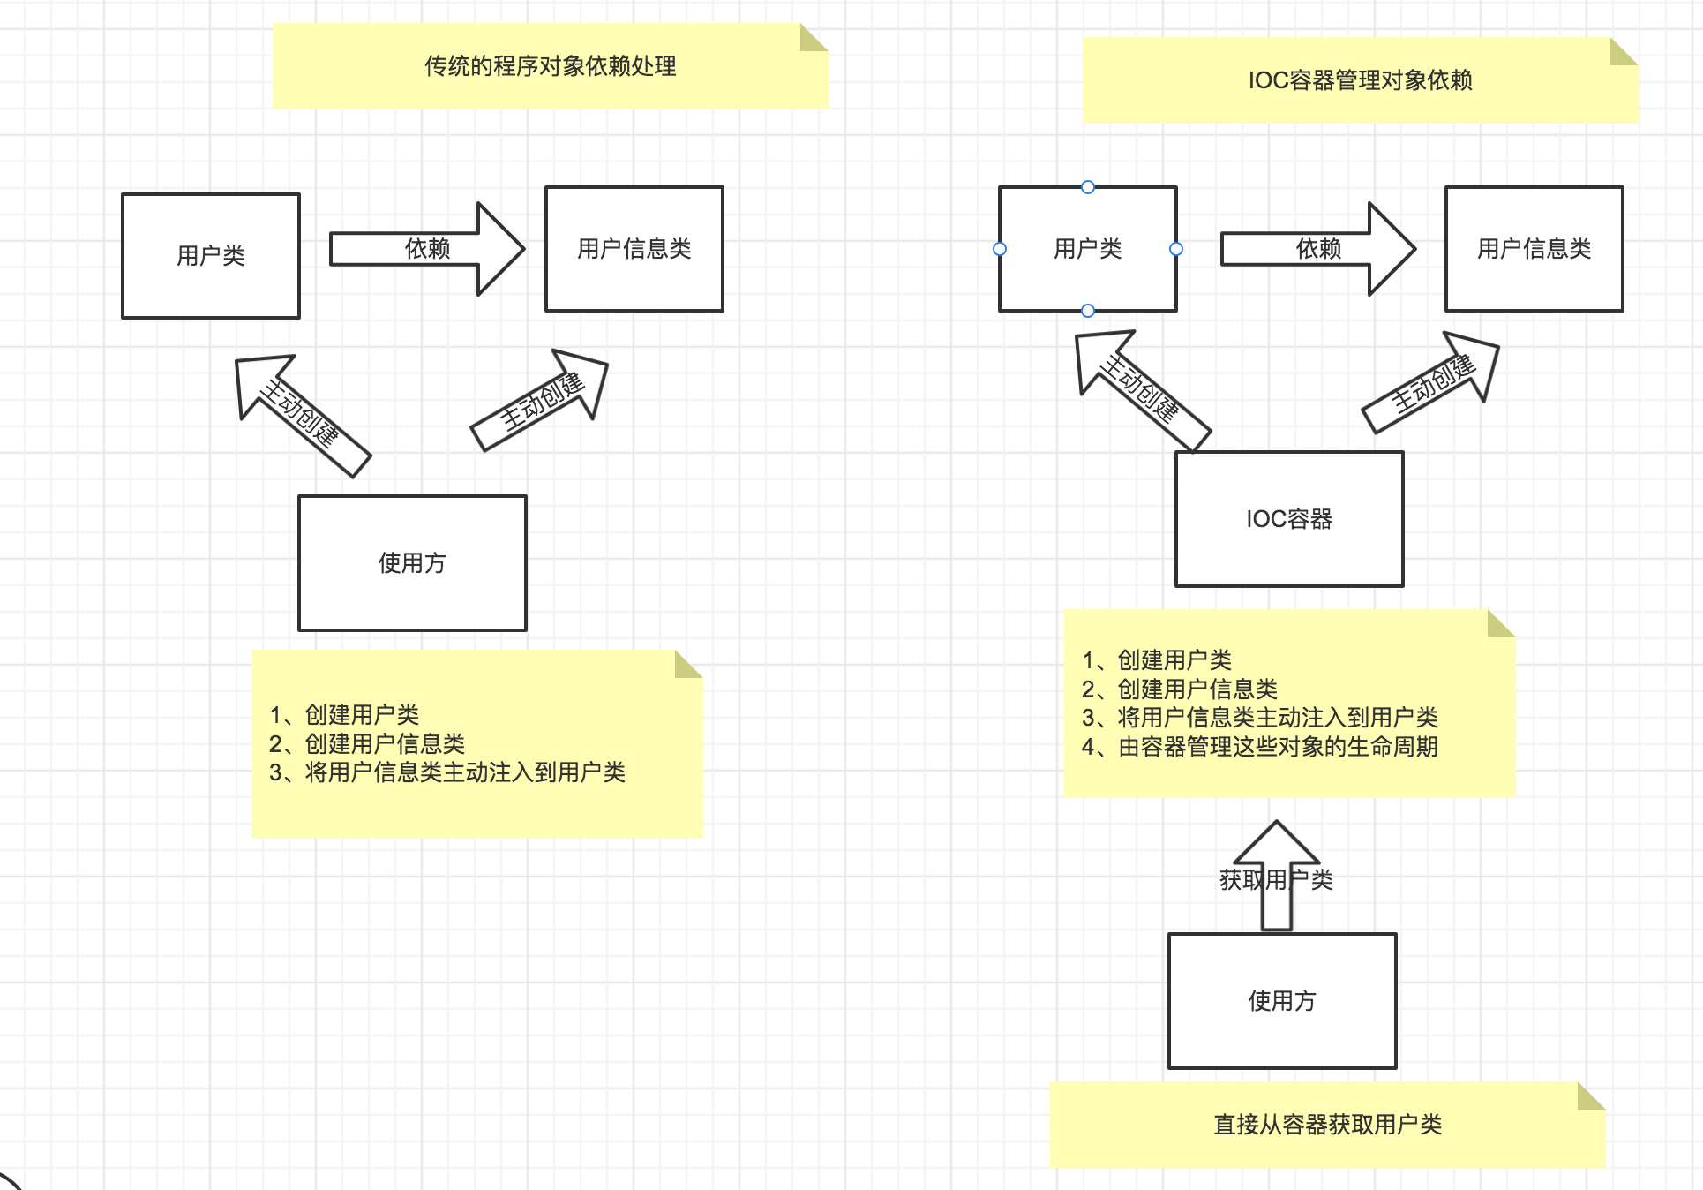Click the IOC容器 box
1289,519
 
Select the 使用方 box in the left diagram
412,563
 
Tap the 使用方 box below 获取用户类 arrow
1282,1001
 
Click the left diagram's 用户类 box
211,256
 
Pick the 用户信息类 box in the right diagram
1534,249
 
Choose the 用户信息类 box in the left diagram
634,249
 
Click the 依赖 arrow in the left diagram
427,249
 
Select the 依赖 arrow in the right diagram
1318,249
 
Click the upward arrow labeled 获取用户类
1277,879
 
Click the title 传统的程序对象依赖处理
550,66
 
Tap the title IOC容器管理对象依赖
1360,80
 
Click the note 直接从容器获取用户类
1327,1125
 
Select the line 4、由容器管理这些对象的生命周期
1260,747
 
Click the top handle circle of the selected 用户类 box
1088,187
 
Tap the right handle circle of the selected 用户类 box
1176,249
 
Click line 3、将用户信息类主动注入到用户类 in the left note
447,772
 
